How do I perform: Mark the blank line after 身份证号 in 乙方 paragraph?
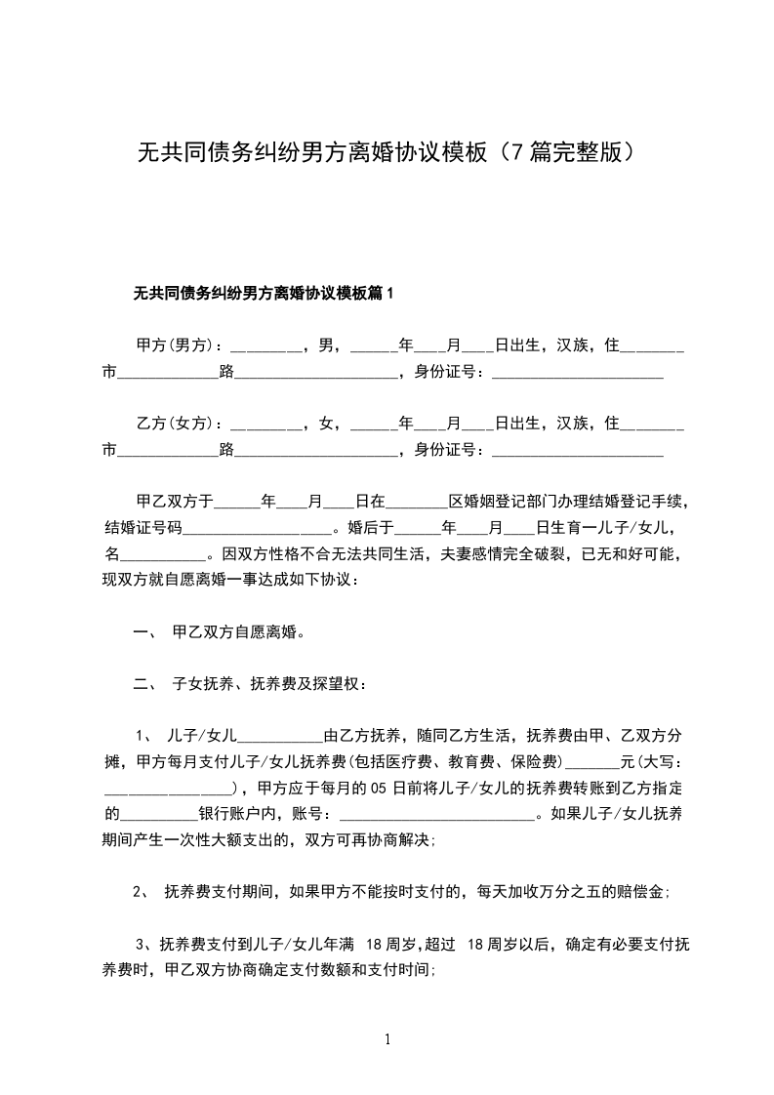(x=578, y=451)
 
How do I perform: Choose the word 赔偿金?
(x=643, y=892)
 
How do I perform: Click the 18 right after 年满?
(x=376, y=945)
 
